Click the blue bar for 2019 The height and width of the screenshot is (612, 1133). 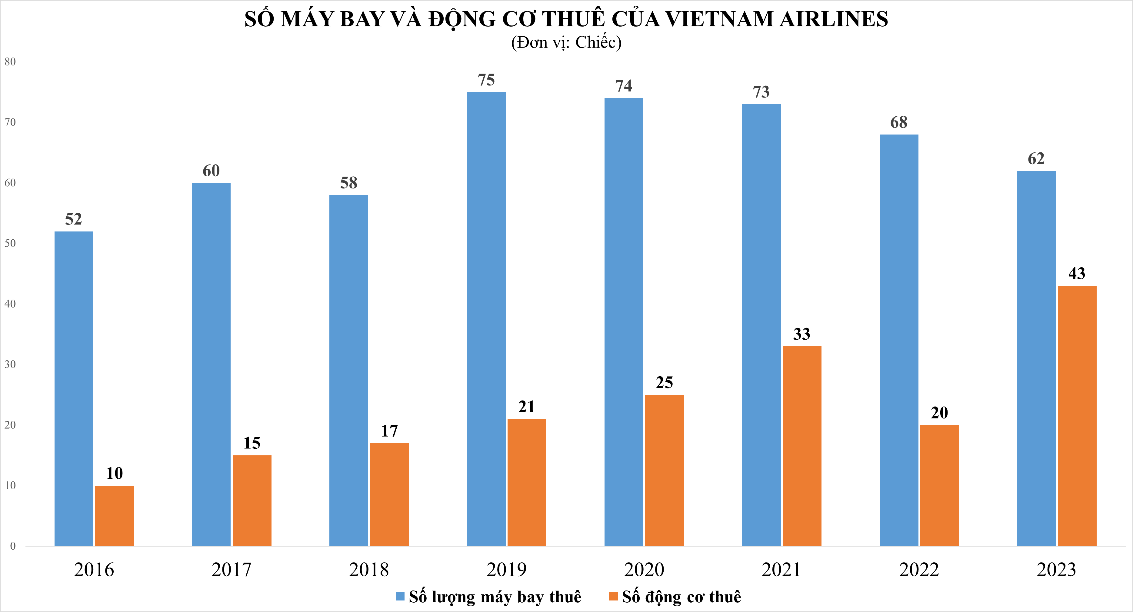pyautogui.click(x=486, y=319)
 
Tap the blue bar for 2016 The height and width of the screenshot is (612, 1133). pyautogui.click(x=73, y=389)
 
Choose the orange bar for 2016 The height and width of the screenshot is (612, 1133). pyautogui.click(x=114, y=516)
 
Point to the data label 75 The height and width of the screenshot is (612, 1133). pyautogui.click(x=486, y=80)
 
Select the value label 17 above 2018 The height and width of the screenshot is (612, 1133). pyautogui.click(x=389, y=431)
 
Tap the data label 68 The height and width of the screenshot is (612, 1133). pyautogui.click(x=898, y=122)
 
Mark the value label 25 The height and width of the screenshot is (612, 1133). pyautogui.click(x=664, y=382)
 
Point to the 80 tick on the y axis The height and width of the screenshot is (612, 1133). pyautogui.click(x=10, y=62)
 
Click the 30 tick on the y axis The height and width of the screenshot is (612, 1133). pyautogui.click(x=10, y=364)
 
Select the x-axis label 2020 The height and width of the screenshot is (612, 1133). pyautogui.click(x=644, y=570)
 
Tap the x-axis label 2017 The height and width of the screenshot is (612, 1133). pyautogui.click(x=231, y=570)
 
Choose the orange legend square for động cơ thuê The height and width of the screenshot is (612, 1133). pyautogui.click(x=613, y=596)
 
